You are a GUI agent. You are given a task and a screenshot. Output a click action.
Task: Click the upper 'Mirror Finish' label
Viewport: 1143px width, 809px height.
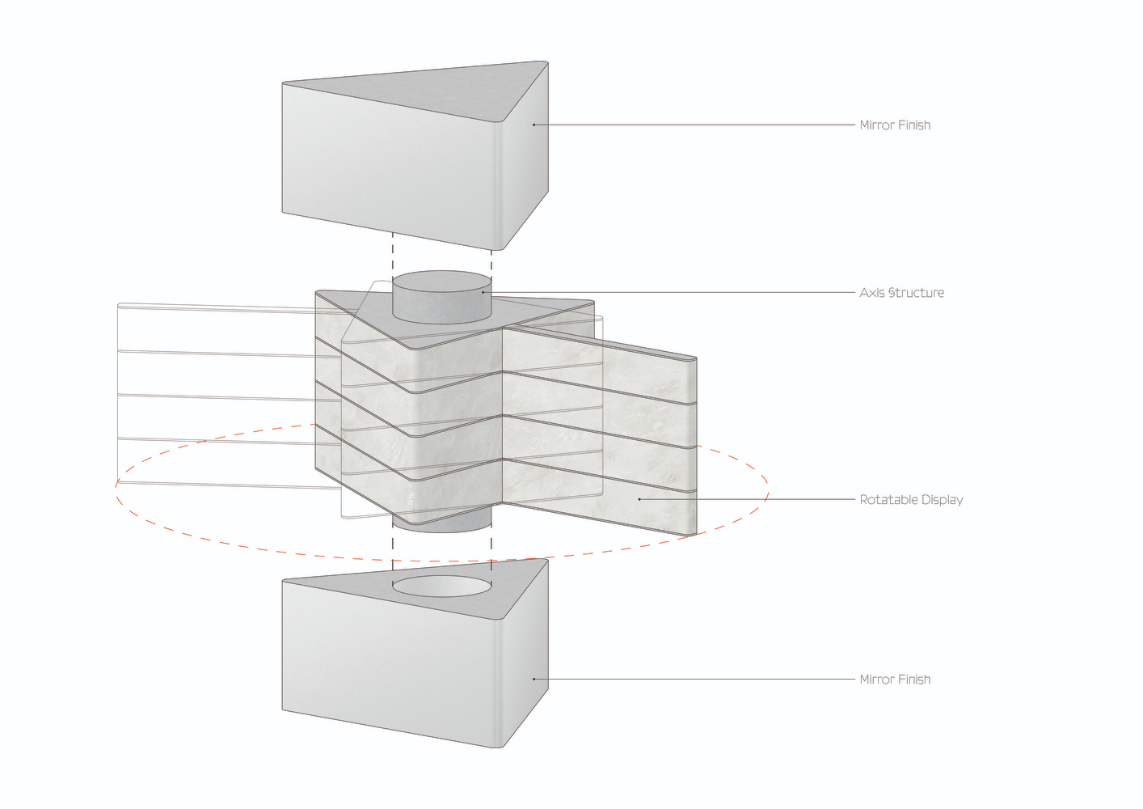click(895, 125)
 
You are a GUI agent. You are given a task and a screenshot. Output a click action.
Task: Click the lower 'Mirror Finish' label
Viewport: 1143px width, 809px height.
click(895, 680)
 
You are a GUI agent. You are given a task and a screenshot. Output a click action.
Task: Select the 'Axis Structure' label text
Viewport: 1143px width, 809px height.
click(901, 293)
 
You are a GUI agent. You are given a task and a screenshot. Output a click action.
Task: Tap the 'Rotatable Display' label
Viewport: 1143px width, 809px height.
click(911, 499)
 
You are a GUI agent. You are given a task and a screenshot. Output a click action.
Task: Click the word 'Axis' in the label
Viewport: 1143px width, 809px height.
click(872, 293)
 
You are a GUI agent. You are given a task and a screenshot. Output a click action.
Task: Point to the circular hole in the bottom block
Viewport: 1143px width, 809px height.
click(442, 587)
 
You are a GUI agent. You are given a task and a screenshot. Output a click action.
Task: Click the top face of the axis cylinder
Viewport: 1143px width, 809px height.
click(442, 282)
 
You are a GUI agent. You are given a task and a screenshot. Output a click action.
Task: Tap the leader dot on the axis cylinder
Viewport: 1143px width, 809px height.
click(483, 293)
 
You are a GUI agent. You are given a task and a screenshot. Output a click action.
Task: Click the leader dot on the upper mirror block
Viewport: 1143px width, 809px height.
click(534, 125)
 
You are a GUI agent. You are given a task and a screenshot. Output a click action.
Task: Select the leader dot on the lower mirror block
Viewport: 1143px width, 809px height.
click(534, 680)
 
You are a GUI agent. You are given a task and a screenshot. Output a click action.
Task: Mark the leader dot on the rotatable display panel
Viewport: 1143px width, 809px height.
click(639, 499)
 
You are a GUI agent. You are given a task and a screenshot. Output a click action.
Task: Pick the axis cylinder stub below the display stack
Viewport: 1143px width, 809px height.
click(442, 523)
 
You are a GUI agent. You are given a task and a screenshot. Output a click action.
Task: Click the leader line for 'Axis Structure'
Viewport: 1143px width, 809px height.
click(669, 293)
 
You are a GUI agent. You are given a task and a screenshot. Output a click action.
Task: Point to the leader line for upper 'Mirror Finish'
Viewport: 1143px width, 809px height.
click(694, 125)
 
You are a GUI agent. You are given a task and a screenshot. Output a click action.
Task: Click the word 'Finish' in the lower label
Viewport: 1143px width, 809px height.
click(913, 680)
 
